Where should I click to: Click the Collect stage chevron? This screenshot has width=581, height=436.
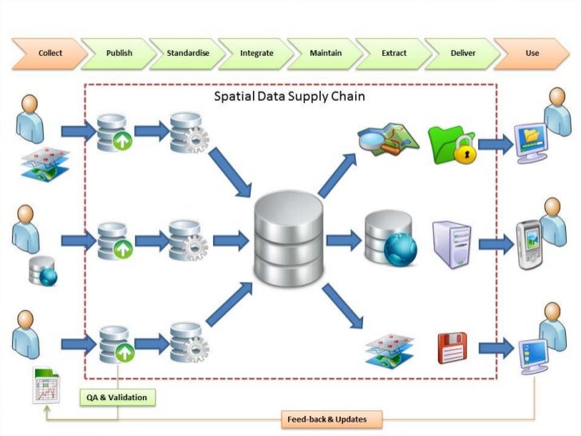pos(47,54)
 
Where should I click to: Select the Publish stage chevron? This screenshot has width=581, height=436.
pos(118,54)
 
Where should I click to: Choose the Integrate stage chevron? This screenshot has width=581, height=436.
pos(256,54)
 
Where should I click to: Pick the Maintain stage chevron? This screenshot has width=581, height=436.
pos(325,54)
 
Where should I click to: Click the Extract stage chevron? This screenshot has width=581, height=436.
pos(393,54)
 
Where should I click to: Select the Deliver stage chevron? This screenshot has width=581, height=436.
pos(462,54)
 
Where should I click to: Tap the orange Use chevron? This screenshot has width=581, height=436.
pos(532,54)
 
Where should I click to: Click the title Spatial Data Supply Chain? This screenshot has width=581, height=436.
pos(290,97)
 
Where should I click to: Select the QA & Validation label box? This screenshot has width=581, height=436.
pos(117,396)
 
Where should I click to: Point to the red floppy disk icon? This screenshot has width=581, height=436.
pos(452,348)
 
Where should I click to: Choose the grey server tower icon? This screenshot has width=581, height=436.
pos(449,242)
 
